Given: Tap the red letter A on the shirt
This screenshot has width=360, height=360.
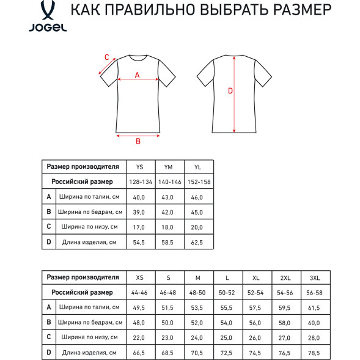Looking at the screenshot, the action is [x=137, y=75].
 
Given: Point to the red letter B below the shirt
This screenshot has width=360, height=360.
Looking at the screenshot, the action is [x=138, y=141].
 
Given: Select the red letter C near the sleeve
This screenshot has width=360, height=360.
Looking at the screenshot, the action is [x=106, y=57].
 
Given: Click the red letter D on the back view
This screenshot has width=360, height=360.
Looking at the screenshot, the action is [x=230, y=91].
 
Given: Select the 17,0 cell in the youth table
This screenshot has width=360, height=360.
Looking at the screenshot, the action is [x=139, y=227].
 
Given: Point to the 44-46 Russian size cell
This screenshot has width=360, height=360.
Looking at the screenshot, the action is [x=139, y=293].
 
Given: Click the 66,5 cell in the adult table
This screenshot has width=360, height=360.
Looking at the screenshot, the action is [x=139, y=353].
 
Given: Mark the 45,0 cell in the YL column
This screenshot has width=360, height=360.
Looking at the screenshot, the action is [x=197, y=213].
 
